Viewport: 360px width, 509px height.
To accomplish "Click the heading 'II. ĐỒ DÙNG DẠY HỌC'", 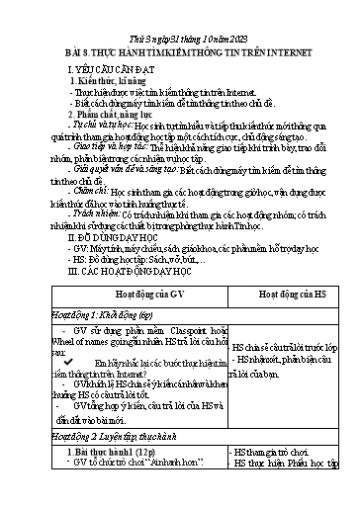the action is (109, 237).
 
